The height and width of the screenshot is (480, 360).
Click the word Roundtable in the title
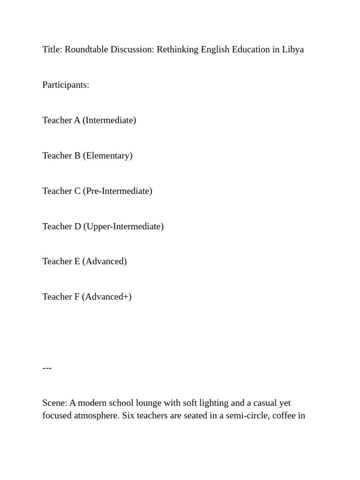pos(86,50)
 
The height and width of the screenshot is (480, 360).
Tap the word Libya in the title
pos(293,50)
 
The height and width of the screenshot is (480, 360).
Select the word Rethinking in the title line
pos(178,50)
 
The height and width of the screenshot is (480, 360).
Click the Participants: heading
pos(66,85)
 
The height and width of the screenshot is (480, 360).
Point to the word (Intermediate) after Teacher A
pos(109,120)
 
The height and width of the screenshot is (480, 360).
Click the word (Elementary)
pos(108,156)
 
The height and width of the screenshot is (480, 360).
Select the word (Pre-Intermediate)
pos(118,191)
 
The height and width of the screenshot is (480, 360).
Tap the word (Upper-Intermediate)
pos(123,226)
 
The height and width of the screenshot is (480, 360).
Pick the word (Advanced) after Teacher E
pos(105,262)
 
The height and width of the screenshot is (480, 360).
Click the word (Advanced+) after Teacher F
pos(107,297)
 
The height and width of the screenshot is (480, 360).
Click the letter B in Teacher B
pos(77,156)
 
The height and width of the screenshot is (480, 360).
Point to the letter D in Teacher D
pos(78,226)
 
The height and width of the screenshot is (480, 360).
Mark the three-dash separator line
pos(47,368)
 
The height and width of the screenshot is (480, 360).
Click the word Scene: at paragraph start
pos(55,403)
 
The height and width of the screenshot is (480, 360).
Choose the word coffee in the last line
pos(284,415)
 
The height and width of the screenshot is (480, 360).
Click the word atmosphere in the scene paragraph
pos(94,415)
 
